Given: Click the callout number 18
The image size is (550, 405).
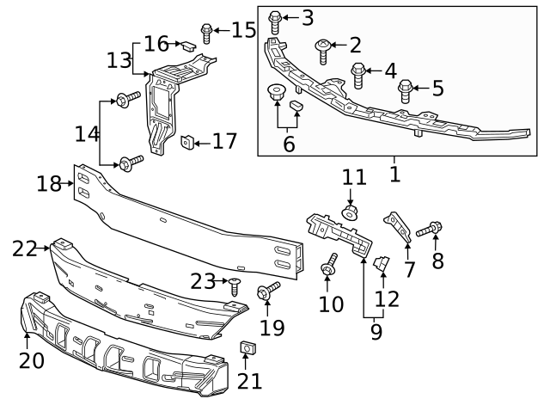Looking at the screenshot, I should coord(49,183).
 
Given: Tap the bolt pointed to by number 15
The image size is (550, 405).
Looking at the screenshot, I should coord(206,33).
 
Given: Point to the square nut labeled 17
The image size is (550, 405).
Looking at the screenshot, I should coord(186,141).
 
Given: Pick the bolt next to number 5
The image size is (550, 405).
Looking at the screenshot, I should coord(406,89).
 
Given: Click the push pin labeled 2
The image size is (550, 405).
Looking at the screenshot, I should coord(323,48).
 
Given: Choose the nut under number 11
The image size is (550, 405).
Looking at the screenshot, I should coord(350,212).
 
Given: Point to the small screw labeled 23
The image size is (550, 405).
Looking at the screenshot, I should coord(234,283).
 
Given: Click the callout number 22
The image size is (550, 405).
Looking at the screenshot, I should coord(25,249).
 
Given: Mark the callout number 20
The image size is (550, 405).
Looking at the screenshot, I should coord(31,361).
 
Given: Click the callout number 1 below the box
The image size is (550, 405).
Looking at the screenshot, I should coord(394,175).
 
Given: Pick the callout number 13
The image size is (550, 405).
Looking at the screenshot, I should coord(119,60).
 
